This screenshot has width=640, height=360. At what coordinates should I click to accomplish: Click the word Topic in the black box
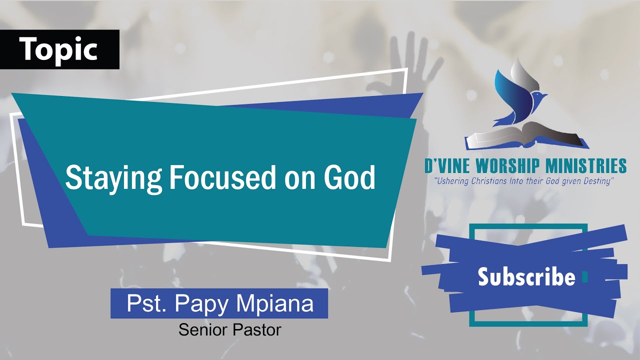(59, 49)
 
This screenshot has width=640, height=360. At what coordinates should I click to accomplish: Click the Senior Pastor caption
(229, 330)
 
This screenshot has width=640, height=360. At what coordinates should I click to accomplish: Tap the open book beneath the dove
(525, 137)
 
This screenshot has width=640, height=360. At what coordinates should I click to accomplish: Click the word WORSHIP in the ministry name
(515, 166)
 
